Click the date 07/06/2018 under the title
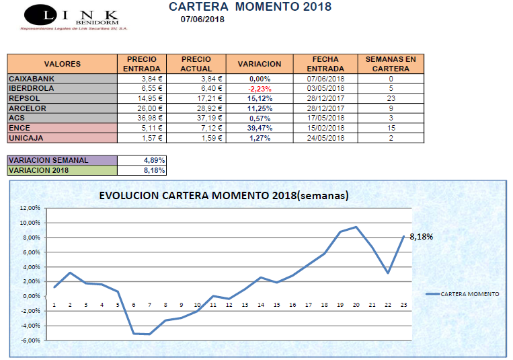202,20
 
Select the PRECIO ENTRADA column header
142,64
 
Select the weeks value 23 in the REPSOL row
390,98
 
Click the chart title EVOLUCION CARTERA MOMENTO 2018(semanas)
223,196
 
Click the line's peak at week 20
356,227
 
